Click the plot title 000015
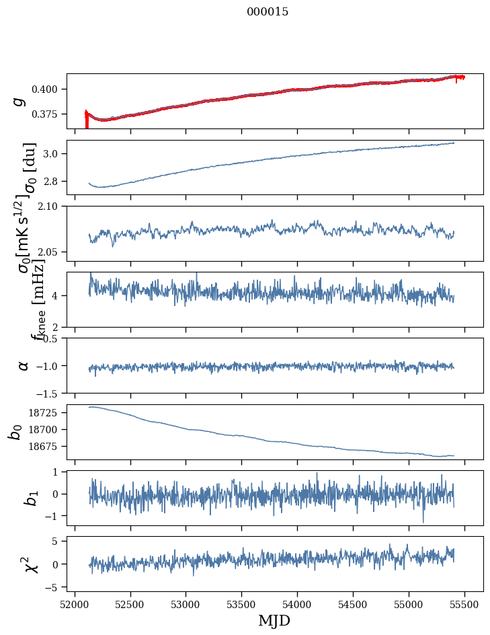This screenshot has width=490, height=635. [268, 12]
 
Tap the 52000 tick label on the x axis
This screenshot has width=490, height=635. [75, 605]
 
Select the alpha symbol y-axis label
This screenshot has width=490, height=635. [23, 365]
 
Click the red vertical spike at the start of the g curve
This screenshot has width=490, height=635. [87, 121]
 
